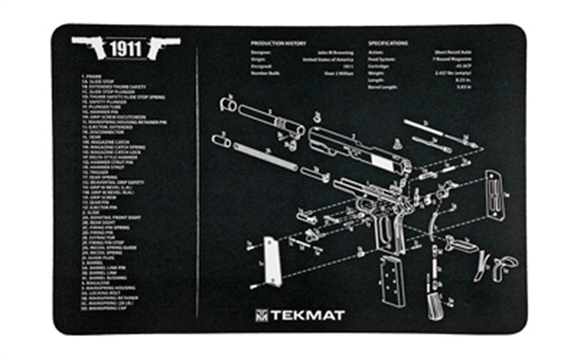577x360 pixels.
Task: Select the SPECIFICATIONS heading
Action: click(393, 43)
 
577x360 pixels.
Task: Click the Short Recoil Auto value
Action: click(448, 53)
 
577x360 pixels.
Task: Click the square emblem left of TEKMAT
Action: click(262, 315)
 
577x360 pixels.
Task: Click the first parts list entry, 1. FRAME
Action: click(92, 76)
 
